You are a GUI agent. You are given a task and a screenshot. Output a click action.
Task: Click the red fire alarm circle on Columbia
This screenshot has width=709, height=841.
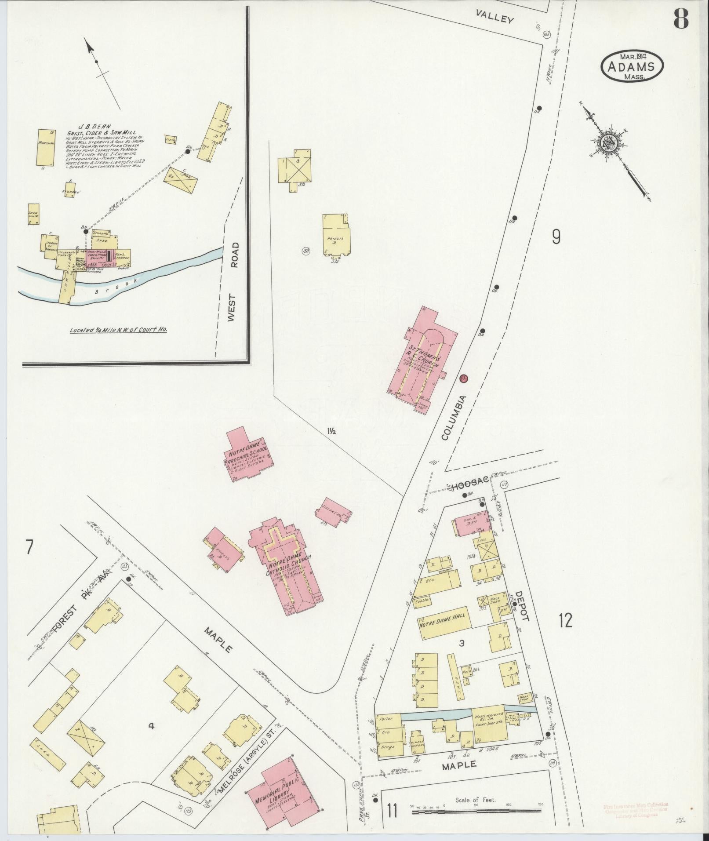coord(463,378)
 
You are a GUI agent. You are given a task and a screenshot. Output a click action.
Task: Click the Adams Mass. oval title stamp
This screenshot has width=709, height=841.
coord(632,66)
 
